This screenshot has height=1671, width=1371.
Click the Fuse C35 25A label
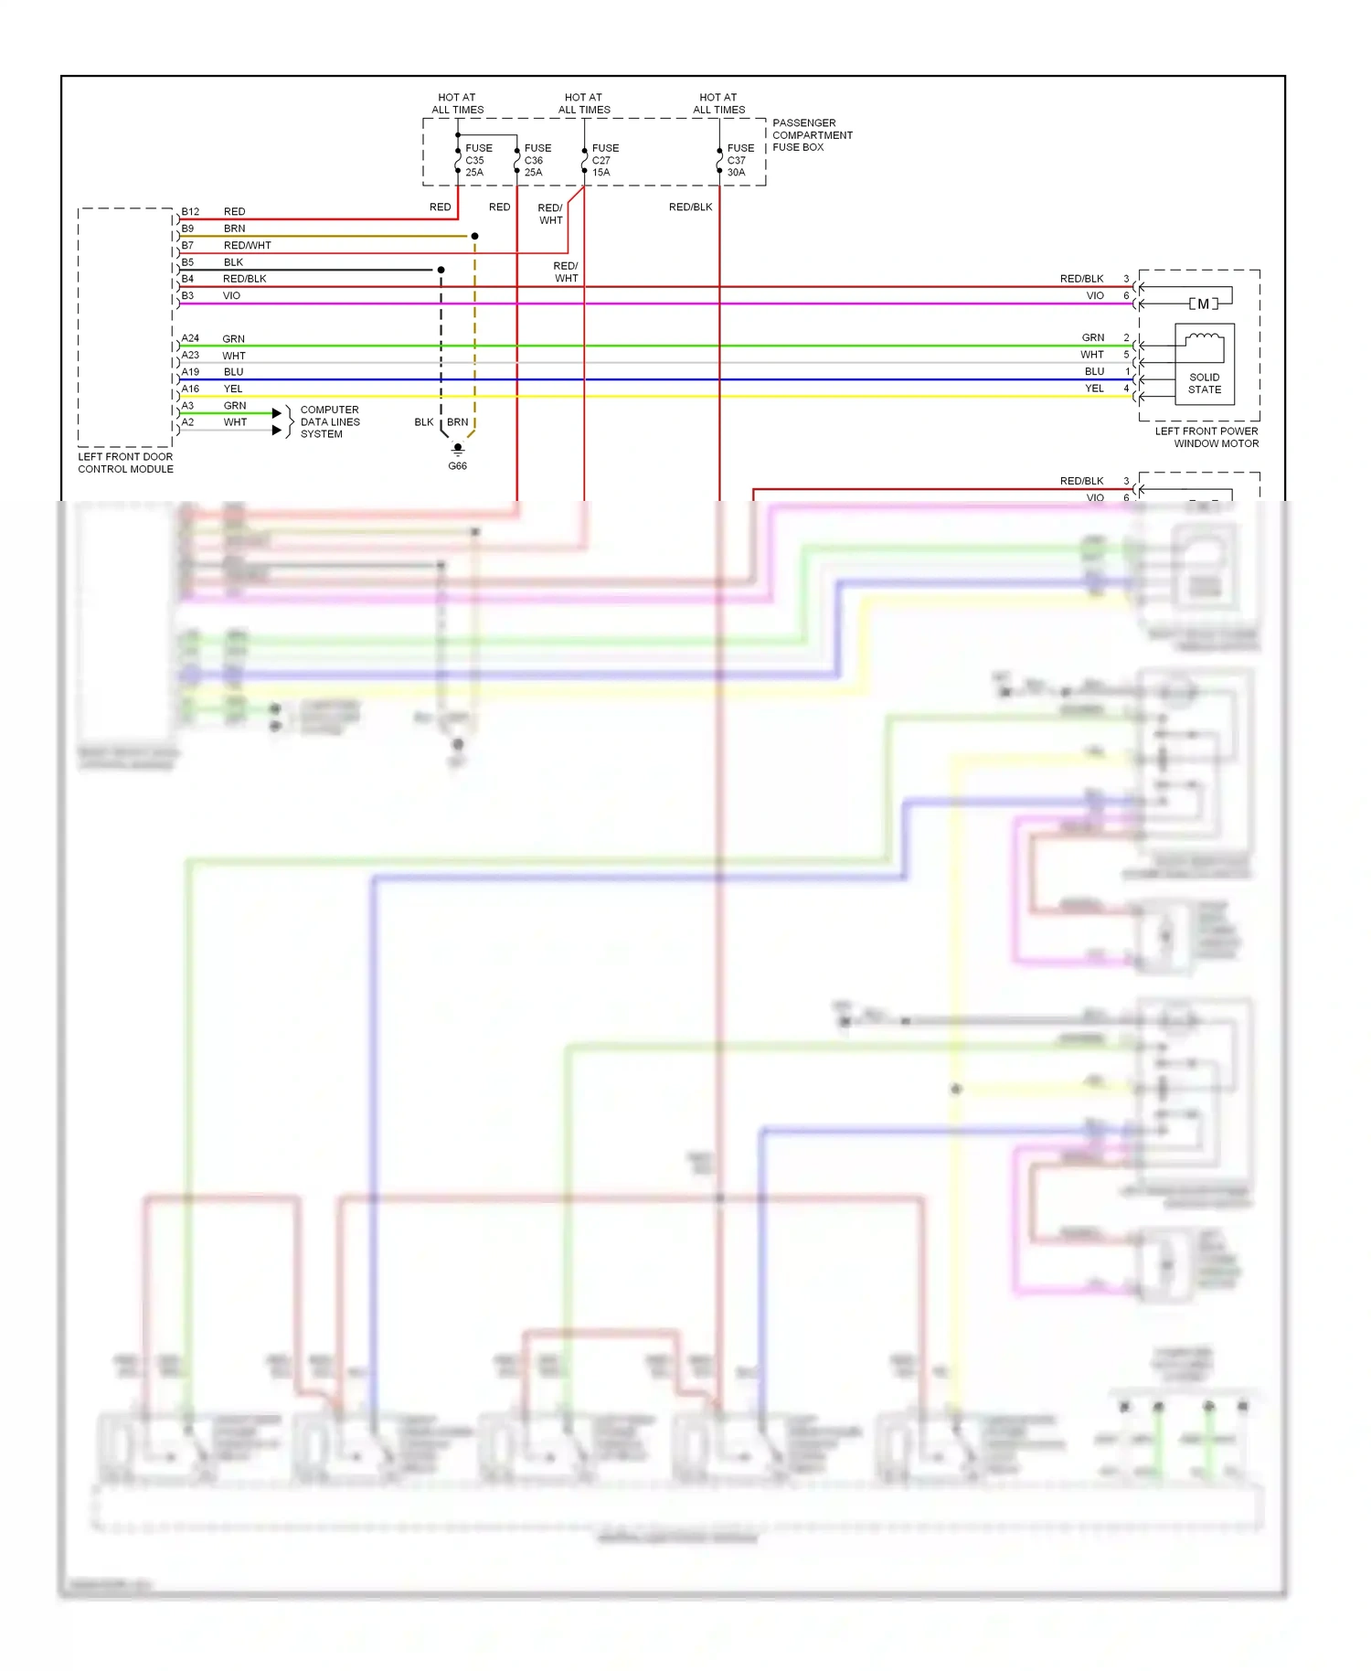pyautogui.click(x=478, y=160)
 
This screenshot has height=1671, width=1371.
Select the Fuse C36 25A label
pyautogui.click(x=537, y=160)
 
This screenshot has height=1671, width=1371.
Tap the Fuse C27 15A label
pyautogui.click(x=604, y=160)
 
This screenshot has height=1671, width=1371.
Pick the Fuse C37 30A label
pyautogui.click(x=739, y=160)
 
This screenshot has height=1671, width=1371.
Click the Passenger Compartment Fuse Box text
pyautogui.click(x=812, y=135)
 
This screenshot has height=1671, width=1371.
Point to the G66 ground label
pyautogui.click(x=457, y=466)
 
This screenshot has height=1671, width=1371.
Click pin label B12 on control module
pyautogui.click(x=190, y=211)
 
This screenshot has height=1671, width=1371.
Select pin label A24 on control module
pyautogui.click(x=190, y=338)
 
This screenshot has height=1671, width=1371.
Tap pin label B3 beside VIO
pyautogui.click(x=187, y=295)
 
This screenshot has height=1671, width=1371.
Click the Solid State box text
pyautogui.click(x=1204, y=383)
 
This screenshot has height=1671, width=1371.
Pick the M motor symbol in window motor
pyautogui.click(x=1203, y=303)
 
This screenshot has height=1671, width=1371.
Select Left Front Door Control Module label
pyautogui.click(x=125, y=463)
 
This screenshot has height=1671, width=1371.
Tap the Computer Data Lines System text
pyautogui.click(x=329, y=422)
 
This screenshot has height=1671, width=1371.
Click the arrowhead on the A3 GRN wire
pyautogui.click(x=277, y=413)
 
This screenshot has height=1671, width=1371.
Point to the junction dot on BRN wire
pyautogui.click(x=474, y=236)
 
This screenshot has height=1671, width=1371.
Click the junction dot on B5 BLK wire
pyautogui.click(x=441, y=270)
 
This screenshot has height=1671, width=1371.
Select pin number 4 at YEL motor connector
pyautogui.click(x=1126, y=388)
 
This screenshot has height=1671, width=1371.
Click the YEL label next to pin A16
pyautogui.click(x=233, y=388)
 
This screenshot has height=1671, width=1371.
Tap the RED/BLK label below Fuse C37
pyautogui.click(x=690, y=208)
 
